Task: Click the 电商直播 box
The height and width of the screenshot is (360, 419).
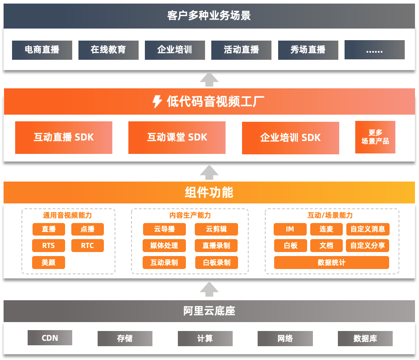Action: pyautogui.click(x=42, y=50)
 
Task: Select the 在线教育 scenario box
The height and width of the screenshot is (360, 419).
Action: pyautogui.click(x=108, y=50)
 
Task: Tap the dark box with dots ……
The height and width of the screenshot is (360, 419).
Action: pyautogui.click(x=374, y=50)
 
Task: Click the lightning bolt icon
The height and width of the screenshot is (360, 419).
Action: pyautogui.click(x=157, y=102)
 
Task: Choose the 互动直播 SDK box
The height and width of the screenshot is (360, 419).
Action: pyautogui.click(x=64, y=137)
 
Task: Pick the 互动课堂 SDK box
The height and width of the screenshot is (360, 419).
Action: pyautogui.click(x=177, y=137)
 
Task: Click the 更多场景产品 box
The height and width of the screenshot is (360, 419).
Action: pyautogui.click(x=375, y=137)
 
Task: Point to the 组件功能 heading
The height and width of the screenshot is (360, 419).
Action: pyautogui.click(x=209, y=192)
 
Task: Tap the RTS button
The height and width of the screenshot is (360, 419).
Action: pyautogui.click(x=49, y=245)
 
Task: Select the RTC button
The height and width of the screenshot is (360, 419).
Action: pyautogui.click(x=87, y=245)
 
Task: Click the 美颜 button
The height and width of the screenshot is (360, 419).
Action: pyautogui.click(x=49, y=262)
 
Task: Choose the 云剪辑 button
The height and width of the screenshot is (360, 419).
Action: pyautogui.click(x=216, y=229)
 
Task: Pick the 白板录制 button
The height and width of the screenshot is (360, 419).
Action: pyautogui.click(x=217, y=262)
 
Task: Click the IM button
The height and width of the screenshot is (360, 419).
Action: pyautogui.click(x=290, y=229)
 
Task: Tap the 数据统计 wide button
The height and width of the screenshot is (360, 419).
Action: pyautogui.click(x=331, y=262)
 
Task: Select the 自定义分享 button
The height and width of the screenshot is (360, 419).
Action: pyautogui.click(x=367, y=245)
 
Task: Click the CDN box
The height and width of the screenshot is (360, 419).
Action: pyautogui.click(x=50, y=338)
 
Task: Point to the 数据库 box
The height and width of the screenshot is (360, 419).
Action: pyautogui.click(x=365, y=338)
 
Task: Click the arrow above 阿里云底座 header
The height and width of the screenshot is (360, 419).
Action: pyautogui.click(x=209, y=289)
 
